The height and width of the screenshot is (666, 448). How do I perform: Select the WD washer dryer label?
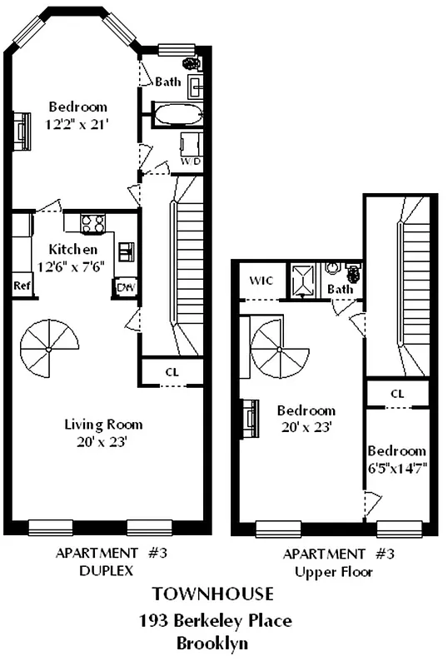[192, 161]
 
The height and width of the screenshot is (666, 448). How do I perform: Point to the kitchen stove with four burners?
[92, 223]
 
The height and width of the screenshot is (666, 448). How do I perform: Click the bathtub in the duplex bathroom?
[177, 114]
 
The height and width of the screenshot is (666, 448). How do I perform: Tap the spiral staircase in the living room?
[51, 350]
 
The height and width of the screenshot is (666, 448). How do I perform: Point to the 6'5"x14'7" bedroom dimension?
[397, 469]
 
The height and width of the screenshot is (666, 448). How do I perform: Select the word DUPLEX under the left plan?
[102, 572]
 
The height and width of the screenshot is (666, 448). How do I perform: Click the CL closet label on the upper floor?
[397, 393]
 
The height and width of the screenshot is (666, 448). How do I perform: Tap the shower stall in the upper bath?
[301, 280]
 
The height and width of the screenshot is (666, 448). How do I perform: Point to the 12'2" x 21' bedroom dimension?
[77, 123]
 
